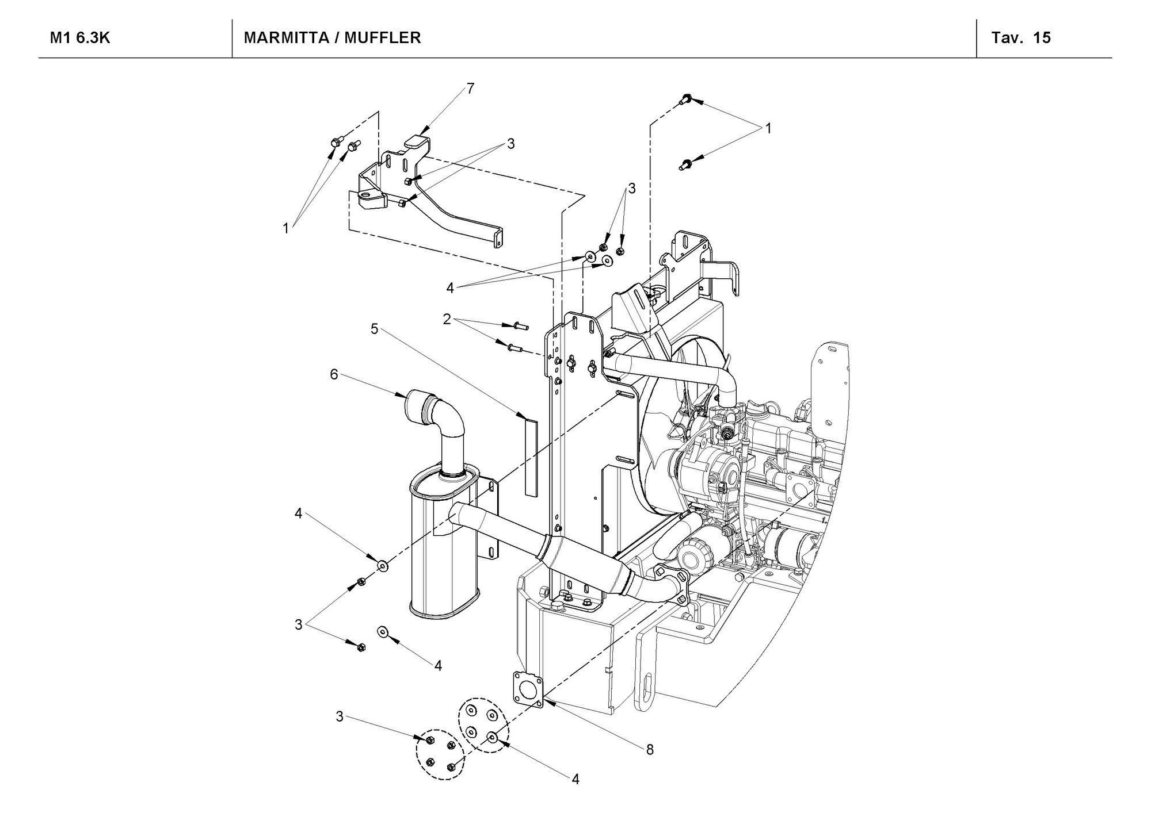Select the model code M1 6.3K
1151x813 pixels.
[x=80, y=38]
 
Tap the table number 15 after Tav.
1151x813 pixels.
[x=1042, y=38]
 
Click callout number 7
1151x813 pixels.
[x=470, y=88]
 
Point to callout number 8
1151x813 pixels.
[x=650, y=749]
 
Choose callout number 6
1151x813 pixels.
[x=334, y=374]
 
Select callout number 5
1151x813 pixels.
[x=375, y=329]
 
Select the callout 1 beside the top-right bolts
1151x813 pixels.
[x=768, y=129]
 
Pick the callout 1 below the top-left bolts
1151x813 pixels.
[x=285, y=228]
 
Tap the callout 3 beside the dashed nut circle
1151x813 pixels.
[x=340, y=716]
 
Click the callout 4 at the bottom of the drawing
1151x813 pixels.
[x=575, y=779]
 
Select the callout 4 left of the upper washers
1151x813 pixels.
[x=450, y=287]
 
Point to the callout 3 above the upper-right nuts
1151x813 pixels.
[x=632, y=188]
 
